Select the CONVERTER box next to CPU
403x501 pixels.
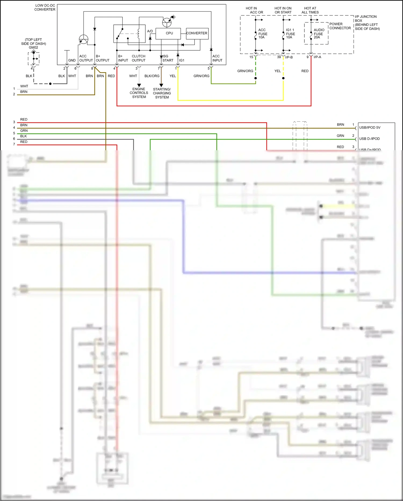click(x=197, y=33)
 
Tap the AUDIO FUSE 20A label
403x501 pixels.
click(x=319, y=34)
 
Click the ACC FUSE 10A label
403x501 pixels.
click(x=262, y=34)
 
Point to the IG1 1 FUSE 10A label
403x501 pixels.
click(x=290, y=34)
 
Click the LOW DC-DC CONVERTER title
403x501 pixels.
click(x=45, y=7)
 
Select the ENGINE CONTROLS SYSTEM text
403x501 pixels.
click(x=139, y=93)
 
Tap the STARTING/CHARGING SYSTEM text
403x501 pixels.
click(x=162, y=93)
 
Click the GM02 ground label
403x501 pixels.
click(x=34, y=47)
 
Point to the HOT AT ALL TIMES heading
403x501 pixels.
click(x=310, y=10)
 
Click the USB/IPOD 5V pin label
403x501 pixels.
click(x=370, y=128)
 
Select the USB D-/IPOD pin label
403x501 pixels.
click(x=369, y=139)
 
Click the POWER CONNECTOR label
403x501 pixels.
click(x=340, y=26)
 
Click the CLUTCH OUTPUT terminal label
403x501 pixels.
click(x=139, y=58)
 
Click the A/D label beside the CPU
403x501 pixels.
click(x=150, y=31)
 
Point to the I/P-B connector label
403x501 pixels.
click(x=289, y=57)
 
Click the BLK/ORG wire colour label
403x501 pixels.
click(x=152, y=76)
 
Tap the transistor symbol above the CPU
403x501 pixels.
click(x=167, y=22)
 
